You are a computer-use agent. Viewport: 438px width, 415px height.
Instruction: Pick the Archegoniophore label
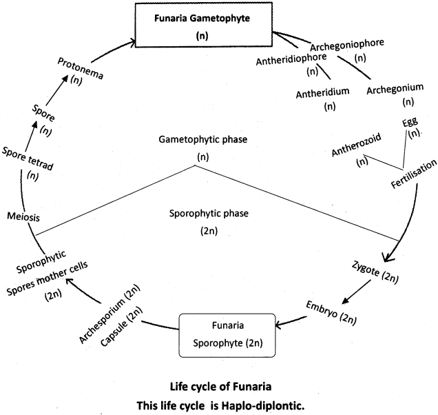(346, 46)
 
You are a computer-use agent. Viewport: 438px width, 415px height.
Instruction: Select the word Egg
(410, 123)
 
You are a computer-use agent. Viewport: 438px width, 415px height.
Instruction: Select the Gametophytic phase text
(202, 140)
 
